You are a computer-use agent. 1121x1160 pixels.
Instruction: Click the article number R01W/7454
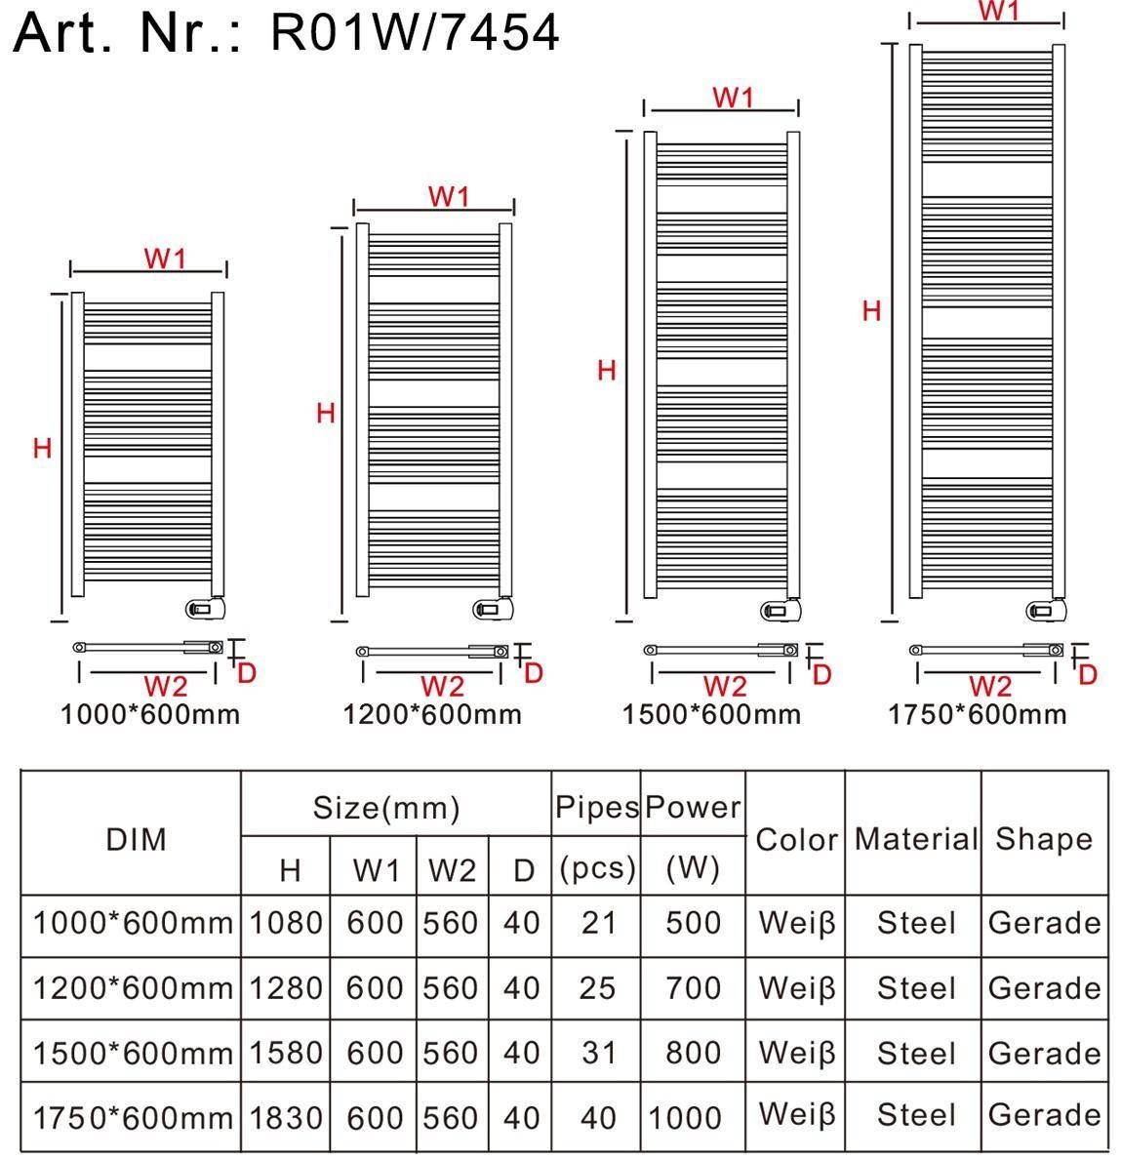415,32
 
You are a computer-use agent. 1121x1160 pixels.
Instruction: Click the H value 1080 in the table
286,923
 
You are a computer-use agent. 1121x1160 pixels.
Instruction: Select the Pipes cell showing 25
597,988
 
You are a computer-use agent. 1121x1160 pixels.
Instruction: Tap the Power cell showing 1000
685,1118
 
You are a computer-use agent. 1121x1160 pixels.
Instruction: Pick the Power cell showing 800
693,1053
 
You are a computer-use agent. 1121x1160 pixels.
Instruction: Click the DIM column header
137,840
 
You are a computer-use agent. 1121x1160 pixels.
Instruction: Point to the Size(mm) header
386,807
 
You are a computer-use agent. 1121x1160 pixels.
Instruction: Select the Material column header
916,839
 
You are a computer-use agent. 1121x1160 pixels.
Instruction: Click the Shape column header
1043,839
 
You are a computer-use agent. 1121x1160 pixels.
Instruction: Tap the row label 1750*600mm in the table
133,1118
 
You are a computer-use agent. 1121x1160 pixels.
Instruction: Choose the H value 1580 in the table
286,1053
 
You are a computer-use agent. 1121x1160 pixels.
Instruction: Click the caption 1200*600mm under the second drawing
432,715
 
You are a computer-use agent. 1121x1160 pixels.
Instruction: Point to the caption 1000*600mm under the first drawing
150,715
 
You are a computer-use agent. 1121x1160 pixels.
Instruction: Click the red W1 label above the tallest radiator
999,11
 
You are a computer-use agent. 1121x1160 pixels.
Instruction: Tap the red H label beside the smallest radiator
42,448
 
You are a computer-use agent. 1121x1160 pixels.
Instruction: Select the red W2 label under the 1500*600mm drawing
724,687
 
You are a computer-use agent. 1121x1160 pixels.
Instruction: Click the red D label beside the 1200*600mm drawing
534,673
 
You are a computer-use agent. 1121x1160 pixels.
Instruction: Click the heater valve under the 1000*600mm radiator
205,608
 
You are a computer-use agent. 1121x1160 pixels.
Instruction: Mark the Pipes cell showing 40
598,1118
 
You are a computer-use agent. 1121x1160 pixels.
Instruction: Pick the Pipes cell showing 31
598,1053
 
